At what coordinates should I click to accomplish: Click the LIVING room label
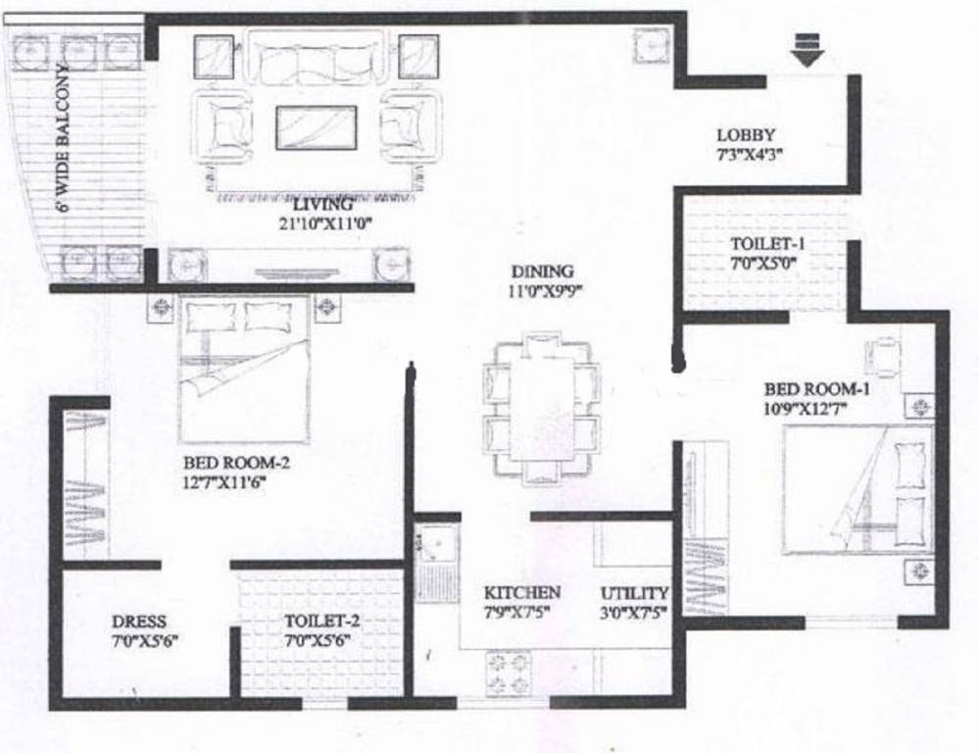323,205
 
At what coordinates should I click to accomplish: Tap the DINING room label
542,272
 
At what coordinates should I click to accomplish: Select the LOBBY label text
746,135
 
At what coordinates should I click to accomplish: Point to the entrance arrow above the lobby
807,49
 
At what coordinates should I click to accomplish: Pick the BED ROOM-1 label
817,388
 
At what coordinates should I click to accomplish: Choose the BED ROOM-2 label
236,463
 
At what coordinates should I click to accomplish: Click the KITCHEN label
522,592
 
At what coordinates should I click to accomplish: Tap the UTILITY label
634,593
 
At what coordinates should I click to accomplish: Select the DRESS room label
138,622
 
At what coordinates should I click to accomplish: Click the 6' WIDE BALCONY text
61,138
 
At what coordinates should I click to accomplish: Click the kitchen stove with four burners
507,674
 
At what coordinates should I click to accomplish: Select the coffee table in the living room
316,127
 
